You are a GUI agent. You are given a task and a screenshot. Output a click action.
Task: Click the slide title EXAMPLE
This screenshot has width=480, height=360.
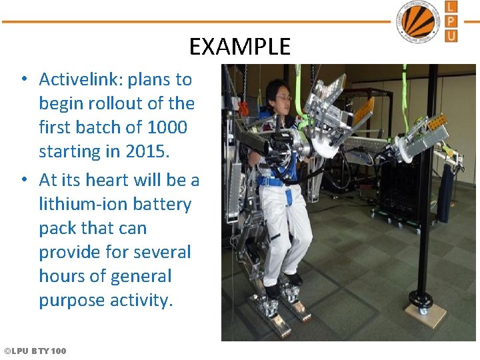click(x=240, y=47)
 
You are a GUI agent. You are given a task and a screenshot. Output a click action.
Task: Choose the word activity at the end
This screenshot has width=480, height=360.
click(x=139, y=300)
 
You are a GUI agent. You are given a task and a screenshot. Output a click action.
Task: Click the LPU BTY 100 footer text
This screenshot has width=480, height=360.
click(x=35, y=351)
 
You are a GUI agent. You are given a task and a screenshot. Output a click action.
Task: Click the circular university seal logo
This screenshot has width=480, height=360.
click(x=418, y=21)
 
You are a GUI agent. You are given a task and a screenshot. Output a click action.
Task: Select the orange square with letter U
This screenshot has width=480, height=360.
click(x=451, y=35)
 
